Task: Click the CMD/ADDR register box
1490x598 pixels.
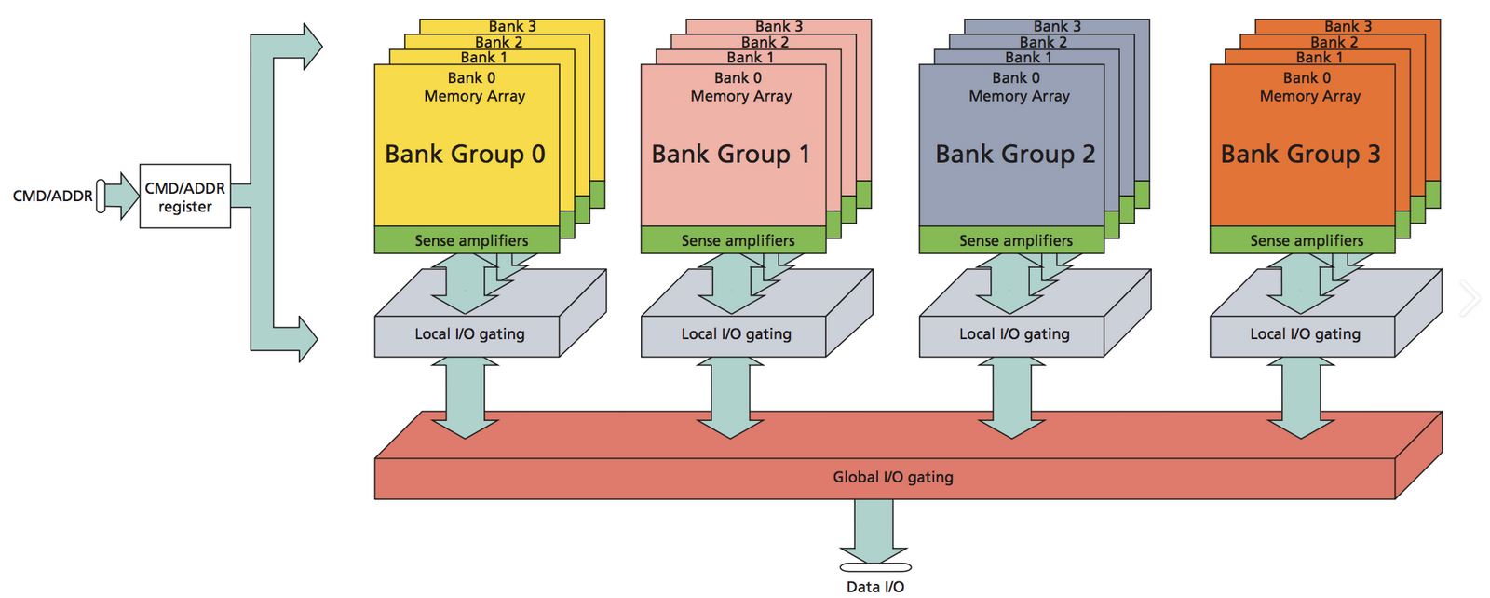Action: click(x=185, y=197)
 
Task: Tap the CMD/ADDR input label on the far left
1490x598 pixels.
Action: click(x=52, y=197)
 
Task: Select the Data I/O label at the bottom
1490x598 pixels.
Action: click(x=874, y=587)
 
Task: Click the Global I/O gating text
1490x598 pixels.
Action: click(x=893, y=477)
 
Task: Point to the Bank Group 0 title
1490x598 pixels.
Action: click(x=465, y=154)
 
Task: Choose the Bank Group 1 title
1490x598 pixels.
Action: click(x=730, y=154)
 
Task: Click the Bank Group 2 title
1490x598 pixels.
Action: click(x=1015, y=154)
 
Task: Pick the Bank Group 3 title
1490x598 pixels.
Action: click(x=1300, y=154)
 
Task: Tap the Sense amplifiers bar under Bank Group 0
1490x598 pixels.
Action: click(x=467, y=240)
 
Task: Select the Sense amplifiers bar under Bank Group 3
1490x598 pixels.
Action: click(x=1303, y=240)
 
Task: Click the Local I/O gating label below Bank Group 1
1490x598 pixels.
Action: click(x=736, y=333)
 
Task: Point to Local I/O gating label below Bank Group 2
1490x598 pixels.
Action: click(x=1014, y=333)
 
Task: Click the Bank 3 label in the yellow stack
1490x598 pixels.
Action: click(x=512, y=27)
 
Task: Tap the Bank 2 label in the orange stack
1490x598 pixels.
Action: click(x=1334, y=42)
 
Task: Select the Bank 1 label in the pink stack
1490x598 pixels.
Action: click(x=750, y=57)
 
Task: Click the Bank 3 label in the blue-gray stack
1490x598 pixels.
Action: click(x=1057, y=27)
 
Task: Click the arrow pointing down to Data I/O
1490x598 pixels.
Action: click(x=874, y=532)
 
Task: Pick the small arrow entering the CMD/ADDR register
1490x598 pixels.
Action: click(x=122, y=197)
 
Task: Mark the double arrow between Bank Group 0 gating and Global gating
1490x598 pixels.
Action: click(x=465, y=398)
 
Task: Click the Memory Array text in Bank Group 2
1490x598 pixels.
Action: click(x=1019, y=97)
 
